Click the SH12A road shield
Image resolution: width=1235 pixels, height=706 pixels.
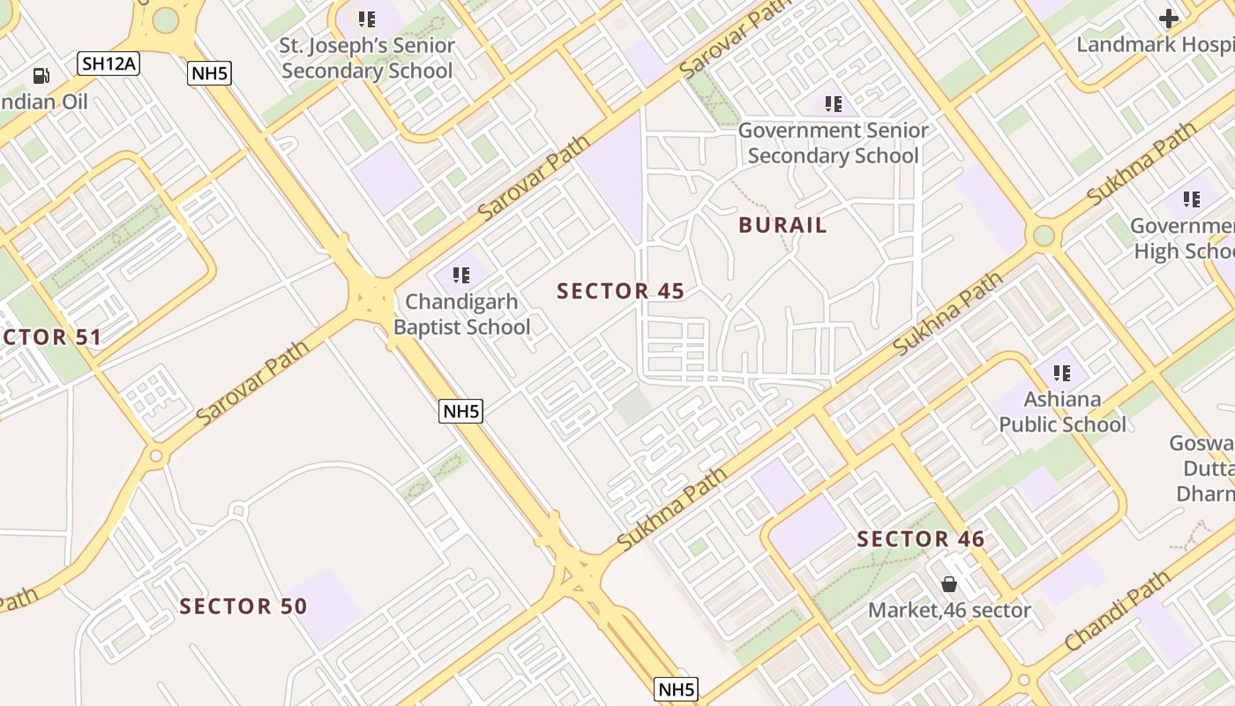pos(109,64)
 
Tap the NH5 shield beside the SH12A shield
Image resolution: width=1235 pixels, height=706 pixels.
pos(210,73)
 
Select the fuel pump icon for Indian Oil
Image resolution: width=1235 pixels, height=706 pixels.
pos(41,76)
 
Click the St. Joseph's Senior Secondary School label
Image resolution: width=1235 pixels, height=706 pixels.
pos(367,58)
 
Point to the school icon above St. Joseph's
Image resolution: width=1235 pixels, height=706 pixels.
pos(366,19)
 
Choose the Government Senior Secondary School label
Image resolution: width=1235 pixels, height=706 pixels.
pos(833,143)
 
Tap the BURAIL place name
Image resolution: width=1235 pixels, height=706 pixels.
pos(782,225)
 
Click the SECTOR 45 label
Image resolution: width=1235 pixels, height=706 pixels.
pos(620,291)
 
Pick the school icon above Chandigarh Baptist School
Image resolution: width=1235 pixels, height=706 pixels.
pos(460,275)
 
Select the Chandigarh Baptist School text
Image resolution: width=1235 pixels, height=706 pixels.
pos(461,314)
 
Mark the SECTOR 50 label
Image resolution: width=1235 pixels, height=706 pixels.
pos(243,606)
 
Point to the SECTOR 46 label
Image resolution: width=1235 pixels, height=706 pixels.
pos(920,539)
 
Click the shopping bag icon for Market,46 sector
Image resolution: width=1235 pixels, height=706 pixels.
pos(949,584)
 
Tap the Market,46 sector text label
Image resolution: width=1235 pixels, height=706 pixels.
pos(949,610)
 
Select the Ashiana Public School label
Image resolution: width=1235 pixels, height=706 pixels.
pos(1062,412)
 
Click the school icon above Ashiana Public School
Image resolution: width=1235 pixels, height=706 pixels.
pos(1061,373)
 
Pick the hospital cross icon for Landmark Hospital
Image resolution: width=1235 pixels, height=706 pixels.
pos(1169,19)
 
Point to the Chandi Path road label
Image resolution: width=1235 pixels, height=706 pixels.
pos(1117,612)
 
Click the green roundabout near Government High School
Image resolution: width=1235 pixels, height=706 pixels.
pos(1044,236)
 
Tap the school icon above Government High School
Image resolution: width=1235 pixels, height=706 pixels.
pos(1191,200)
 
